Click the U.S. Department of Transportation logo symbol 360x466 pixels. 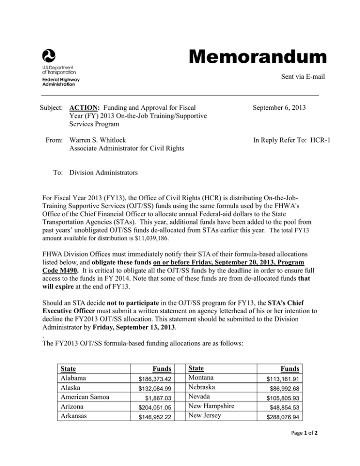[x=49, y=55]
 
